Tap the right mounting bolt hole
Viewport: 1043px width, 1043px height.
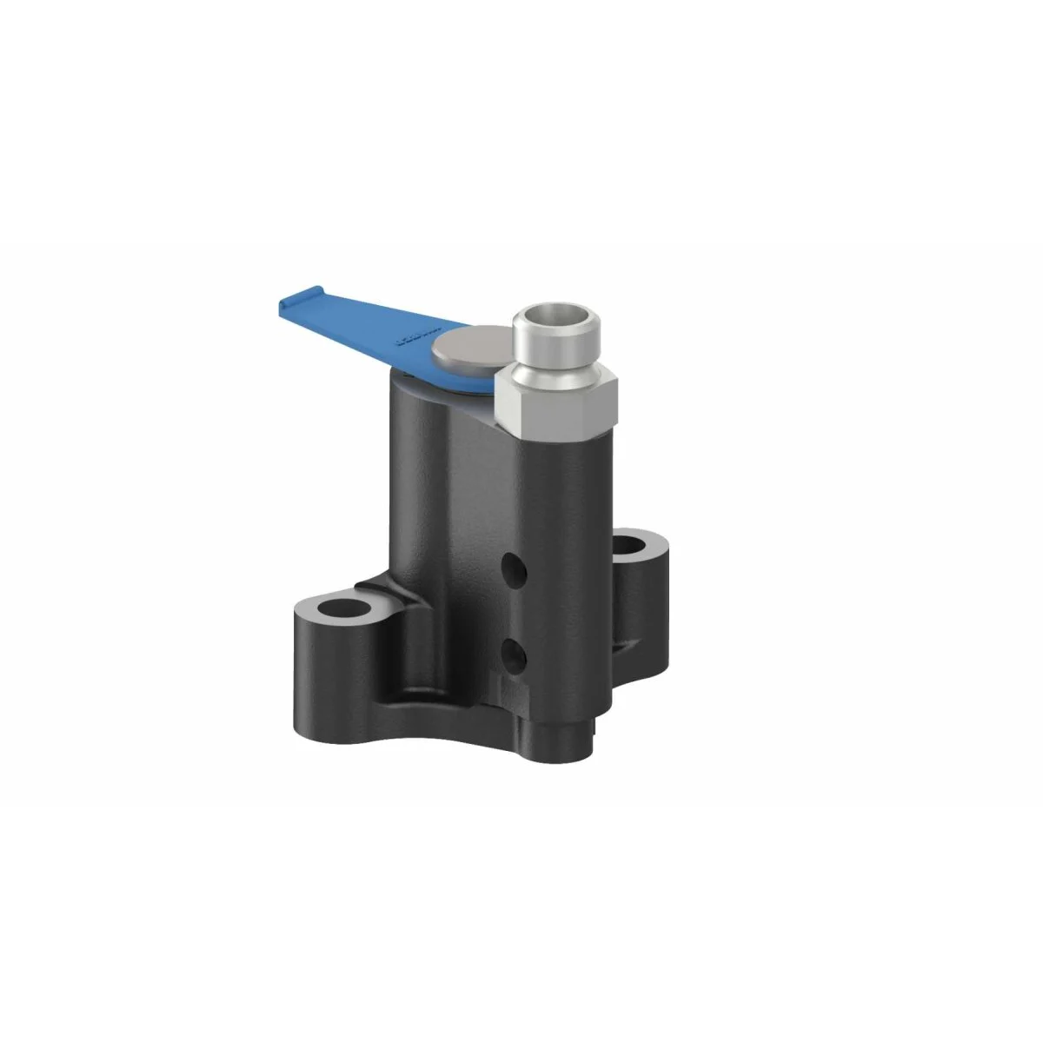coord(638,548)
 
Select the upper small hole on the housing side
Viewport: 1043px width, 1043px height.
coord(518,570)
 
